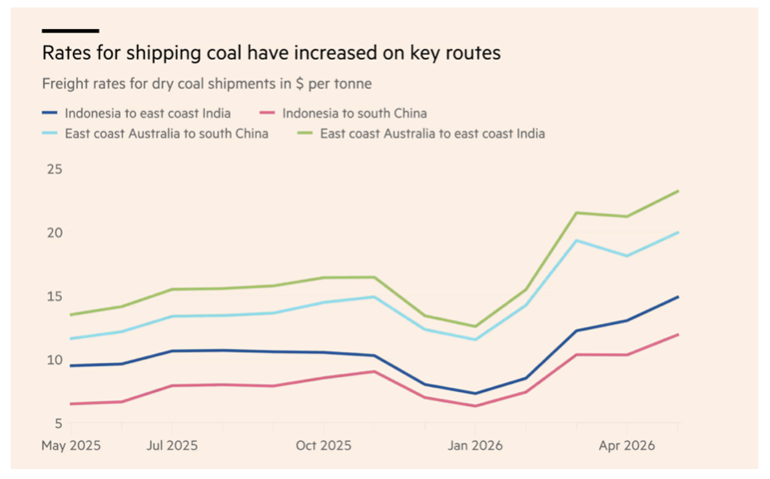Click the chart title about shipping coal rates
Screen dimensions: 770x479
pos(271,53)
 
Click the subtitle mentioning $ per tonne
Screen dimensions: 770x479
pos(207,84)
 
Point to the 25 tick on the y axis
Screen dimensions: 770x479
pos(55,170)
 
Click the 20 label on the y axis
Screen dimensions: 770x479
pos(55,233)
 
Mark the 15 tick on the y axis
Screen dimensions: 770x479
pos(55,297)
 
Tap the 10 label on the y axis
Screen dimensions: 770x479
pos(55,360)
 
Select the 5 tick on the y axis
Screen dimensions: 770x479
pos(58,423)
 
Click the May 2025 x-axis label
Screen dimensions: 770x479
pos(71,446)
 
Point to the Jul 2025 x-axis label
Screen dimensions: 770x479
pos(173,446)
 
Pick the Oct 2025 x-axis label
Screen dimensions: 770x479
pos(324,446)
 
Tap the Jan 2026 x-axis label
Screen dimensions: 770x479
pos(475,446)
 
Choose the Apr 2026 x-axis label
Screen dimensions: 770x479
pos(626,446)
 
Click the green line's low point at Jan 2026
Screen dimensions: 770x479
pos(475,327)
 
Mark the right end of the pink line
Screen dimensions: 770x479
pos(678,335)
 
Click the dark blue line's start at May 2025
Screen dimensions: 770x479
pos(71,365)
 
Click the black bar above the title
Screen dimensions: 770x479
pos(71,31)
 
